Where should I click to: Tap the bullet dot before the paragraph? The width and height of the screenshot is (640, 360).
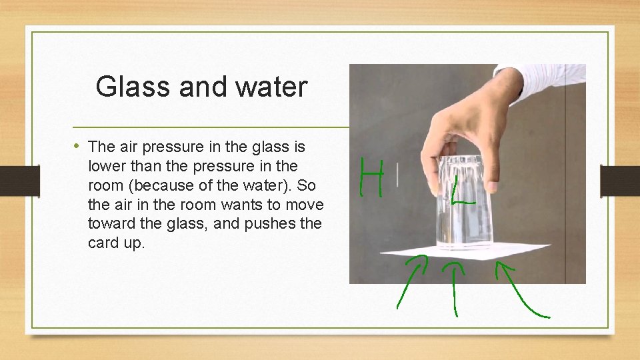tap(77, 145)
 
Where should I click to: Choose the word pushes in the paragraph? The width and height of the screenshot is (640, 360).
tap(272, 223)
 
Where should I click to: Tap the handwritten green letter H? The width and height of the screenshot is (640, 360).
tap(371, 177)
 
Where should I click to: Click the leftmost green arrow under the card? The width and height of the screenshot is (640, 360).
tap(412, 283)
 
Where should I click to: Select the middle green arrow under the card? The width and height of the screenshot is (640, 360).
tap(455, 287)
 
